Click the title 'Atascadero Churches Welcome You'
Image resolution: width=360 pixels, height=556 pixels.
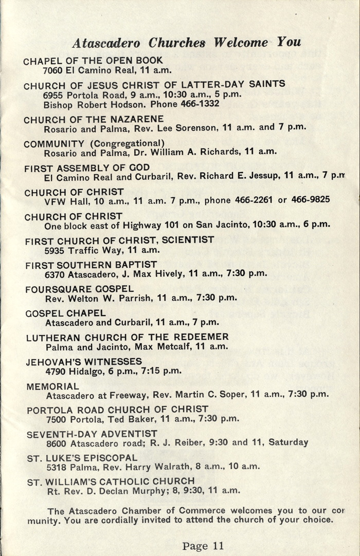[186, 42]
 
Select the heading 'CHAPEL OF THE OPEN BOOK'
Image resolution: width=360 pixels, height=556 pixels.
[93, 61]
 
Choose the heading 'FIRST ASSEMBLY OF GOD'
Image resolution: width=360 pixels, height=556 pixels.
[87, 168]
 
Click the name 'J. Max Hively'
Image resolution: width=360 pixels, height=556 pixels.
[153, 273]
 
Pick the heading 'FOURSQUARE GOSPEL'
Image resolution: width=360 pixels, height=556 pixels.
[79, 289]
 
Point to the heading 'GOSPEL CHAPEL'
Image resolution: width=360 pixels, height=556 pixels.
[65, 313]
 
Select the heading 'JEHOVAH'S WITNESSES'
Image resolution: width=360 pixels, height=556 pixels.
[84, 362]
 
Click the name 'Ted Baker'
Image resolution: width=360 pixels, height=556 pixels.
[134, 418]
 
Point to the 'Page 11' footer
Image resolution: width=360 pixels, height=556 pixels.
[203, 546]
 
